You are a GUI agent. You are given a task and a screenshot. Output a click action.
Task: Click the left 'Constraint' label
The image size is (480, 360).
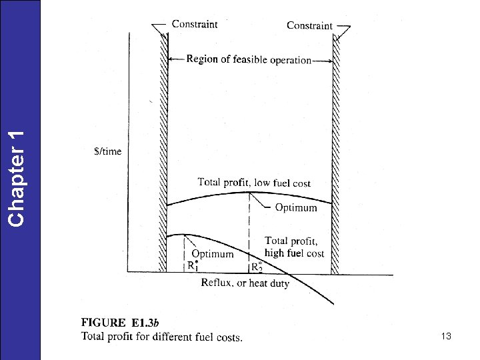click(x=195, y=24)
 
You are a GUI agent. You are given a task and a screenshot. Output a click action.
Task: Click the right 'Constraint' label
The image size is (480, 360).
click(x=309, y=25)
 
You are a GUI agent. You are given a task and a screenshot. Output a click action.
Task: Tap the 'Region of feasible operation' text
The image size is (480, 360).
click(x=249, y=59)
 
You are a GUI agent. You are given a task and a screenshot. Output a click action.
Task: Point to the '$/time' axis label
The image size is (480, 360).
click(x=107, y=151)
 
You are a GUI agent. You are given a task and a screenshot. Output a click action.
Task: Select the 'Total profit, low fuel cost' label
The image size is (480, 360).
click(x=254, y=182)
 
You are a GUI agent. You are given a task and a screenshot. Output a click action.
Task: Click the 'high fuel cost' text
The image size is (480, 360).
click(x=294, y=253)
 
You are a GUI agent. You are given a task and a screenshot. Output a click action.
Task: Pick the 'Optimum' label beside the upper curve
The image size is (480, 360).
click(x=296, y=208)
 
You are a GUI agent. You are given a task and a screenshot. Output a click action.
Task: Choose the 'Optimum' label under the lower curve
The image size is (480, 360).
click(x=213, y=253)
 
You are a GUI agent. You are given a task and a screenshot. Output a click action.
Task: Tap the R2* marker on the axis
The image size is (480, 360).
click(x=257, y=266)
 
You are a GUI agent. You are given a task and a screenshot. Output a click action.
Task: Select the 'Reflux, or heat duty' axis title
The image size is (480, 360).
click(x=245, y=283)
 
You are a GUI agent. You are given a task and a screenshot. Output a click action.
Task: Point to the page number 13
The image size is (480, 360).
click(x=446, y=337)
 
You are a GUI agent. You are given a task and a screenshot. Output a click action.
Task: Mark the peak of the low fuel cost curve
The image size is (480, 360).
click(x=250, y=193)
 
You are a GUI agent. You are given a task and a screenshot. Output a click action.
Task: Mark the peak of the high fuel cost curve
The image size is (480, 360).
click(x=183, y=235)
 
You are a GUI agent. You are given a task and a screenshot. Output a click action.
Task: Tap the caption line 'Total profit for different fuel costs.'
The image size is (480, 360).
click(x=162, y=337)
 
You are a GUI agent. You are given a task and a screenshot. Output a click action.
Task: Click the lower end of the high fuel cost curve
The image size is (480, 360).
click(x=331, y=303)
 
